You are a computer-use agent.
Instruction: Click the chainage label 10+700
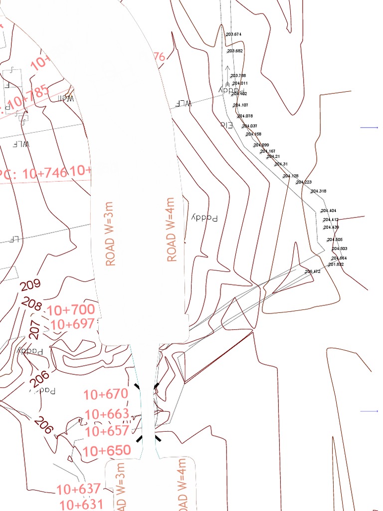[70, 309]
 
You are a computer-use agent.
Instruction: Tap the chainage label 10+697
[72, 324]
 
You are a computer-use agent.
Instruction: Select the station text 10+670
[106, 394]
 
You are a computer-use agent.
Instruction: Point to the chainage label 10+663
[107, 414]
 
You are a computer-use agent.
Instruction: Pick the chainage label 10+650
[107, 451]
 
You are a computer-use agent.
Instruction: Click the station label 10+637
[79, 489]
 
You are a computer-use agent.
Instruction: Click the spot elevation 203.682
[235, 51]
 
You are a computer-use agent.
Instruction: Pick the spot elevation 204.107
[240, 105]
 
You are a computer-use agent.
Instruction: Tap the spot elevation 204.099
[261, 145]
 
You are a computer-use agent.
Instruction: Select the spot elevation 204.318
[319, 192]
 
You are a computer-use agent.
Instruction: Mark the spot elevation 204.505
[335, 240]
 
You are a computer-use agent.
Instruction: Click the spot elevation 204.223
[304, 183]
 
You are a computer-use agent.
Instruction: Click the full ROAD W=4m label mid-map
[172, 229]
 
